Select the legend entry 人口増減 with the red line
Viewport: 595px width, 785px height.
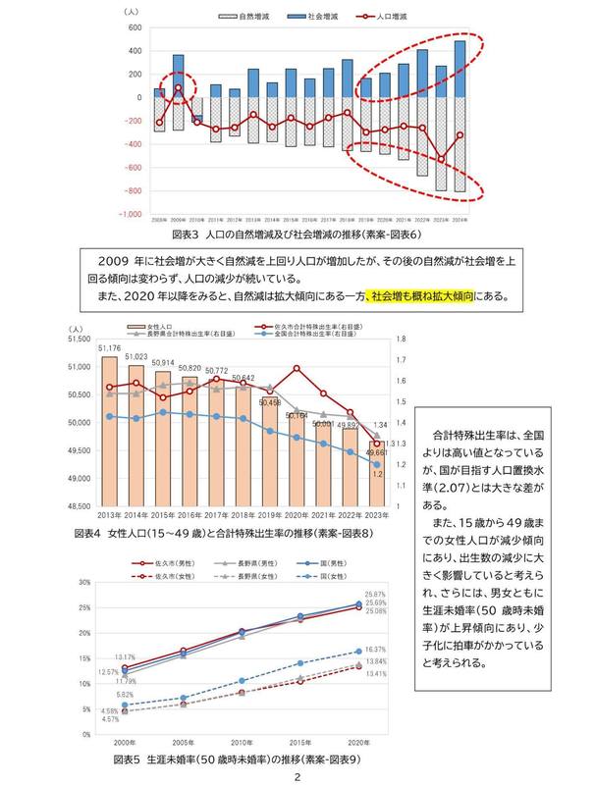[x=372, y=18]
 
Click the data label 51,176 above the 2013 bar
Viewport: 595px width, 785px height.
[x=110, y=348]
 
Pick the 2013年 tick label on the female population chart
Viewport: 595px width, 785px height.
[x=111, y=514]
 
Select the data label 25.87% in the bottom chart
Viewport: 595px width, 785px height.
[x=375, y=596]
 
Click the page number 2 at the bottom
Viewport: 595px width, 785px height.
[x=297, y=775]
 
